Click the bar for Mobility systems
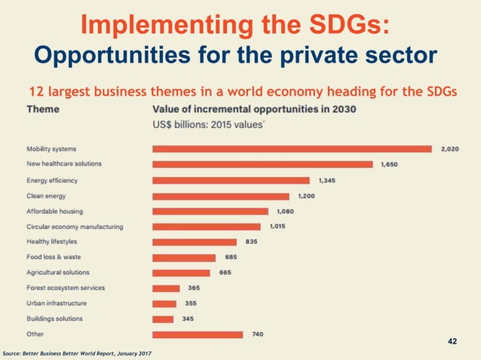(x=292, y=149)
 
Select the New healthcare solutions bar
(x=262, y=164)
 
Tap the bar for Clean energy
(x=222, y=196)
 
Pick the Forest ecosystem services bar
(x=166, y=288)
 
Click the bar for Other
(x=198, y=334)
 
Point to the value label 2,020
(x=449, y=149)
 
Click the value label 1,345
(x=328, y=181)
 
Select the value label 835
(x=251, y=242)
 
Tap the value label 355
(x=191, y=304)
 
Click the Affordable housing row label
(x=55, y=212)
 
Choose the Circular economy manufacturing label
(x=75, y=227)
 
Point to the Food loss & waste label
(x=54, y=257)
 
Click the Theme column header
(x=43, y=109)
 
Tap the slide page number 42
(x=452, y=342)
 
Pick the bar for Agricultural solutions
(x=182, y=273)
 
